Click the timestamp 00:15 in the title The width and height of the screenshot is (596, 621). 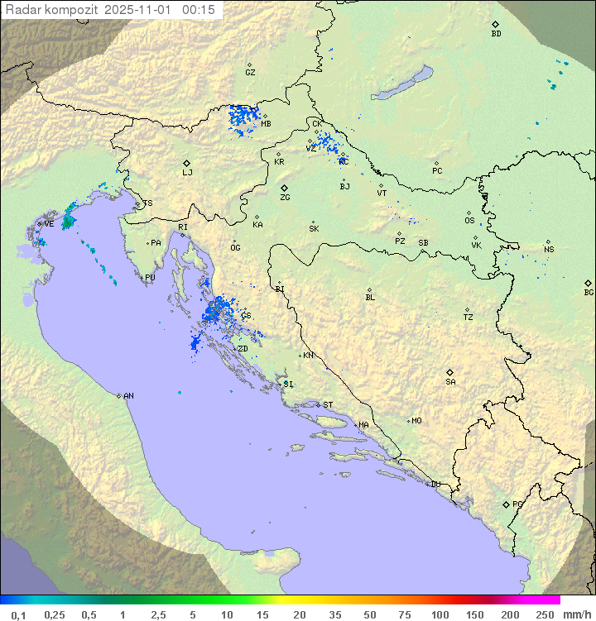tap(198, 10)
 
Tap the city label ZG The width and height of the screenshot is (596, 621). tap(285, 198)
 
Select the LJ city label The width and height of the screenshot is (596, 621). tap(187, 173)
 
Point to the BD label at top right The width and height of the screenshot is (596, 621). tap(496, 34)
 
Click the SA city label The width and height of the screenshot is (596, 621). tap(450, 381)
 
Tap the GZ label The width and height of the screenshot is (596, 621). tap(250, 72)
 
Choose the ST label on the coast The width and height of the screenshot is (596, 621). tap(328, 405)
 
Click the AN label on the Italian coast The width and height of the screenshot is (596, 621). tap(128, 396)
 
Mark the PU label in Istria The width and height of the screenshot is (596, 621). tap(150, 278)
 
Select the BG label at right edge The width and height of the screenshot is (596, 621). tap(589, 292)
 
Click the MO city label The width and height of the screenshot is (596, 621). tap(416, 420)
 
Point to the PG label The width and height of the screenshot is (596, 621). tap(517, 504)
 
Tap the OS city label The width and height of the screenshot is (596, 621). tap(469, 221)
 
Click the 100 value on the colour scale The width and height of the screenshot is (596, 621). tap(440, 614)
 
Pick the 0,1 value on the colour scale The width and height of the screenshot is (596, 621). tap(18, 614)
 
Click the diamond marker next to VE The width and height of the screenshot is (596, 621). tap(39, 223)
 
